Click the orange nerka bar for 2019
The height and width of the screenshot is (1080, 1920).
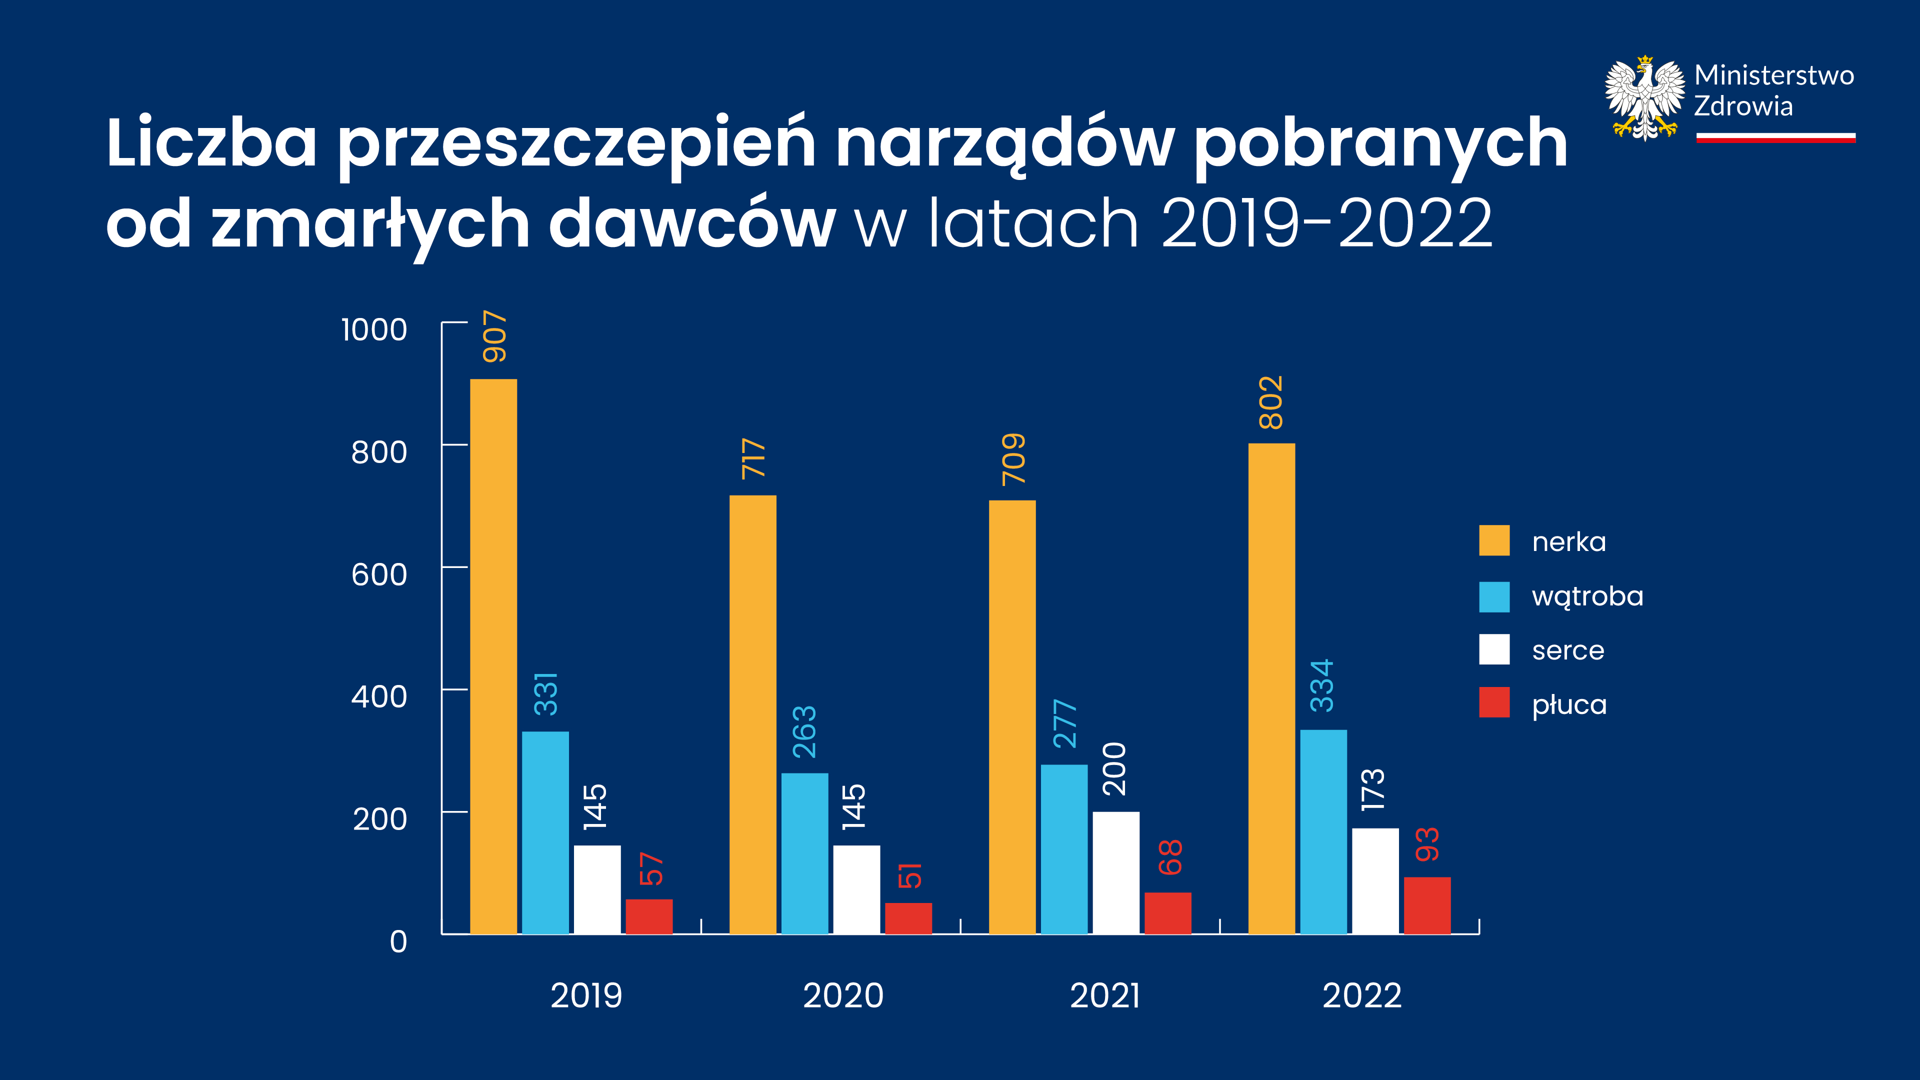[x=493, y=656]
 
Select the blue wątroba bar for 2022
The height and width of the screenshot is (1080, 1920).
[x=1323, y=831]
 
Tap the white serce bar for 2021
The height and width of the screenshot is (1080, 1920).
[x=1116, y=872]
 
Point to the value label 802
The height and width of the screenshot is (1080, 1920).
[x=1271, y=402]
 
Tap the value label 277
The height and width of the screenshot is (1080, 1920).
[x=1065, y=723]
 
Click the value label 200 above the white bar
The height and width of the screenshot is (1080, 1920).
[x=1115, y=769]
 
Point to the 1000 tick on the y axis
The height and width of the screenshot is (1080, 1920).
[x=374, y=329]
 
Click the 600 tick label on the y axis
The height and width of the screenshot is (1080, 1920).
[x=379, y=574]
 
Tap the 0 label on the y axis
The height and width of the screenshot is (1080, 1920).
[x=399, y=942]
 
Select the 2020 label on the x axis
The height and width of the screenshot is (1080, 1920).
[x=843, y=996]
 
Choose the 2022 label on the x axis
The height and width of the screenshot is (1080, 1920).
[x=1361, y=996]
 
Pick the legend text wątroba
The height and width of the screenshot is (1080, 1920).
[x=1587, y=596]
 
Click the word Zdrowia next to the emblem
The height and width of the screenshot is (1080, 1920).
[x=1743, y=106]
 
